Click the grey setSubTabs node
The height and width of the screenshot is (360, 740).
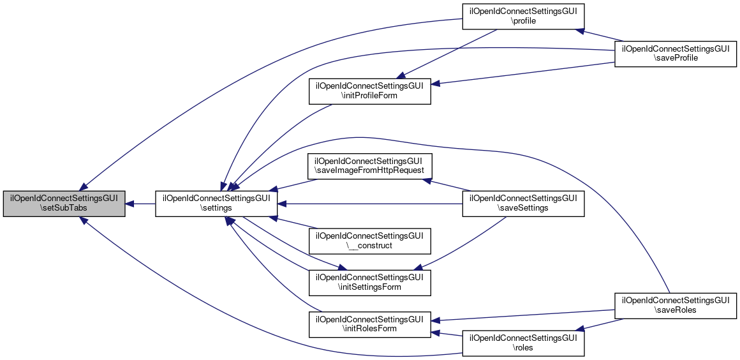(64, 204)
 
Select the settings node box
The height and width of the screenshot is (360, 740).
(216, 204)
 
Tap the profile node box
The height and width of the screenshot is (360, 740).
(524, 16)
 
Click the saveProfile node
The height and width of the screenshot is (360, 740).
(676, 53)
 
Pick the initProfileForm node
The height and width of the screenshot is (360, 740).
(370, 91)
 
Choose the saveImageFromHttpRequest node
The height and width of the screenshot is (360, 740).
(370, 167)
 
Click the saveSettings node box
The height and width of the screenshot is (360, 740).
(524, 204)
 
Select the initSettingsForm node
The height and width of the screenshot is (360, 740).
(370, 282)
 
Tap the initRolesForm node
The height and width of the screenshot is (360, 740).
(370, 324)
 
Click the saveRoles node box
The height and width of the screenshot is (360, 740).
(676, 305)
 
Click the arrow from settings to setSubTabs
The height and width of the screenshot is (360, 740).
(140, 204)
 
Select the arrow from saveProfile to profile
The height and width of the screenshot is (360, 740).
(600, 34)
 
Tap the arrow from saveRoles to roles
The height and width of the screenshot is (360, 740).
(600, 324)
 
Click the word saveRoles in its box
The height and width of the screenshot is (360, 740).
(676, 310)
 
